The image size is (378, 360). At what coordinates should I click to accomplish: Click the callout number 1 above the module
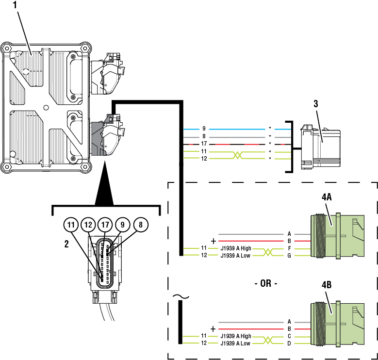click(x=15, y=6)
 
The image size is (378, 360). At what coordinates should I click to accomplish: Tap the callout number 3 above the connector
click(x=315, y=103)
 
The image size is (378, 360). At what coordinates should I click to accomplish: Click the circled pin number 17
click(x=105, y=225)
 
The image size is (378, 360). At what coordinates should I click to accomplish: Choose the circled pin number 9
click(x=122, y=225)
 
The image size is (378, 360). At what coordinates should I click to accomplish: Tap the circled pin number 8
click(x=140, y=225)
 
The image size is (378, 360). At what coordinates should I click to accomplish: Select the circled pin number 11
click(x=71, y=225)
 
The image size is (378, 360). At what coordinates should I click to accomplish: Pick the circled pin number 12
click(x=88, y=225)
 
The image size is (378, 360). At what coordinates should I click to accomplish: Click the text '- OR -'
click(x=265, y=283)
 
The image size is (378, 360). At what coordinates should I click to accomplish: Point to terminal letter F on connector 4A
click(x=289, y=248)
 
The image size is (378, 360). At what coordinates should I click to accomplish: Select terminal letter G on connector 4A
click(x=289, y=255)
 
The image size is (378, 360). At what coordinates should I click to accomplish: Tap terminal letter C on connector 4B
click(x=289, y=336)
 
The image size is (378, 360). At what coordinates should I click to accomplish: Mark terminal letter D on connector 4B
click(x=289, y=343)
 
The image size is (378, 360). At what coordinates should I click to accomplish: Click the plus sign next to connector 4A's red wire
click(x=213, y=241)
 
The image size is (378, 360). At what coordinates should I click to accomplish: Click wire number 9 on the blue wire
click(x=204, y=129)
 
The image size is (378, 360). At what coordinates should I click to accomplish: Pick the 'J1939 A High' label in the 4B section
click(x=236, y=336)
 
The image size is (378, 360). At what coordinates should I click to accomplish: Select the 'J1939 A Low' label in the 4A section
click(x=235, y=255)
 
